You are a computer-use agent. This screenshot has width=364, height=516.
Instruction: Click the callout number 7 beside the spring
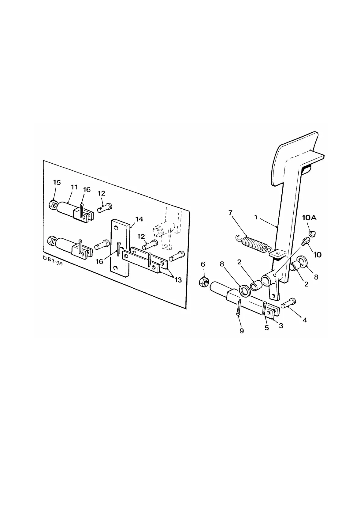[x=230, y=213]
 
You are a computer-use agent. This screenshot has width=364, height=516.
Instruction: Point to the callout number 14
[x=139, y=219]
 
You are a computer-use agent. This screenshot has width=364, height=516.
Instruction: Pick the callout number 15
[x=57, y=182]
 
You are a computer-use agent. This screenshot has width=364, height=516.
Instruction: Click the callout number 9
[x=242, y=331]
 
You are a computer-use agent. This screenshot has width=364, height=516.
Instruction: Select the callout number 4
[x=304, y=320]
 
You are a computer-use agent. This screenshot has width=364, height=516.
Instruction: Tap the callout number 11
[x=74, y=187]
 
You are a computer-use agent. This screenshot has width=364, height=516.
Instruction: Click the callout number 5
[x=266, y=328]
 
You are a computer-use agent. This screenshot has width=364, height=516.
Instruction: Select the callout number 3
[x=281, y=326]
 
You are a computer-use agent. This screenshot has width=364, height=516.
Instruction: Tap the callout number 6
[x=203, y=264]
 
